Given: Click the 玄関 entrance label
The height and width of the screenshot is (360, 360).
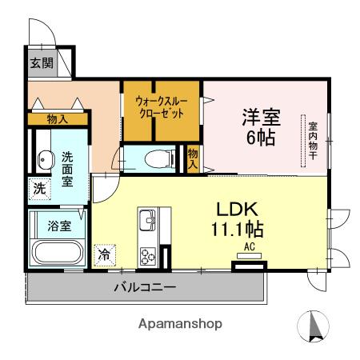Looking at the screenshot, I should (42, 63).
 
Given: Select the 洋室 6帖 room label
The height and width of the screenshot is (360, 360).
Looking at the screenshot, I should (261, 126).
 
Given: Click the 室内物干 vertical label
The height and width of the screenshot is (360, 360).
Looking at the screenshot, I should (313, 142).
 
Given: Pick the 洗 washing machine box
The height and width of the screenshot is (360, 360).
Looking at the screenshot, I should (38, 190).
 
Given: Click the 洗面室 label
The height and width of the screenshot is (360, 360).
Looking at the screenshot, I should (68, 170).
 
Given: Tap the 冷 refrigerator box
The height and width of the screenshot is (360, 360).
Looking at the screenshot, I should (105, 254).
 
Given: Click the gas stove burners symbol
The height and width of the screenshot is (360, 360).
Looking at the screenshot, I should (149, 256).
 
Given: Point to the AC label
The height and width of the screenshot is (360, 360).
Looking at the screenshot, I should (250, 247).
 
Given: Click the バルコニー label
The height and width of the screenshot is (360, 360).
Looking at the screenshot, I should (145, 286).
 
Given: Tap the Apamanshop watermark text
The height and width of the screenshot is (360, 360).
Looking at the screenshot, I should (180, 324).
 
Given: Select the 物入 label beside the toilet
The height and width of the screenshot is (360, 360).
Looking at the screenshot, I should (193, 156).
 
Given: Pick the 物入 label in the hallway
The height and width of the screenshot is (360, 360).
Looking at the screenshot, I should (57, 119).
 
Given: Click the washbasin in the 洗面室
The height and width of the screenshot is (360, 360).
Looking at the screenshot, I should (46, 160).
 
